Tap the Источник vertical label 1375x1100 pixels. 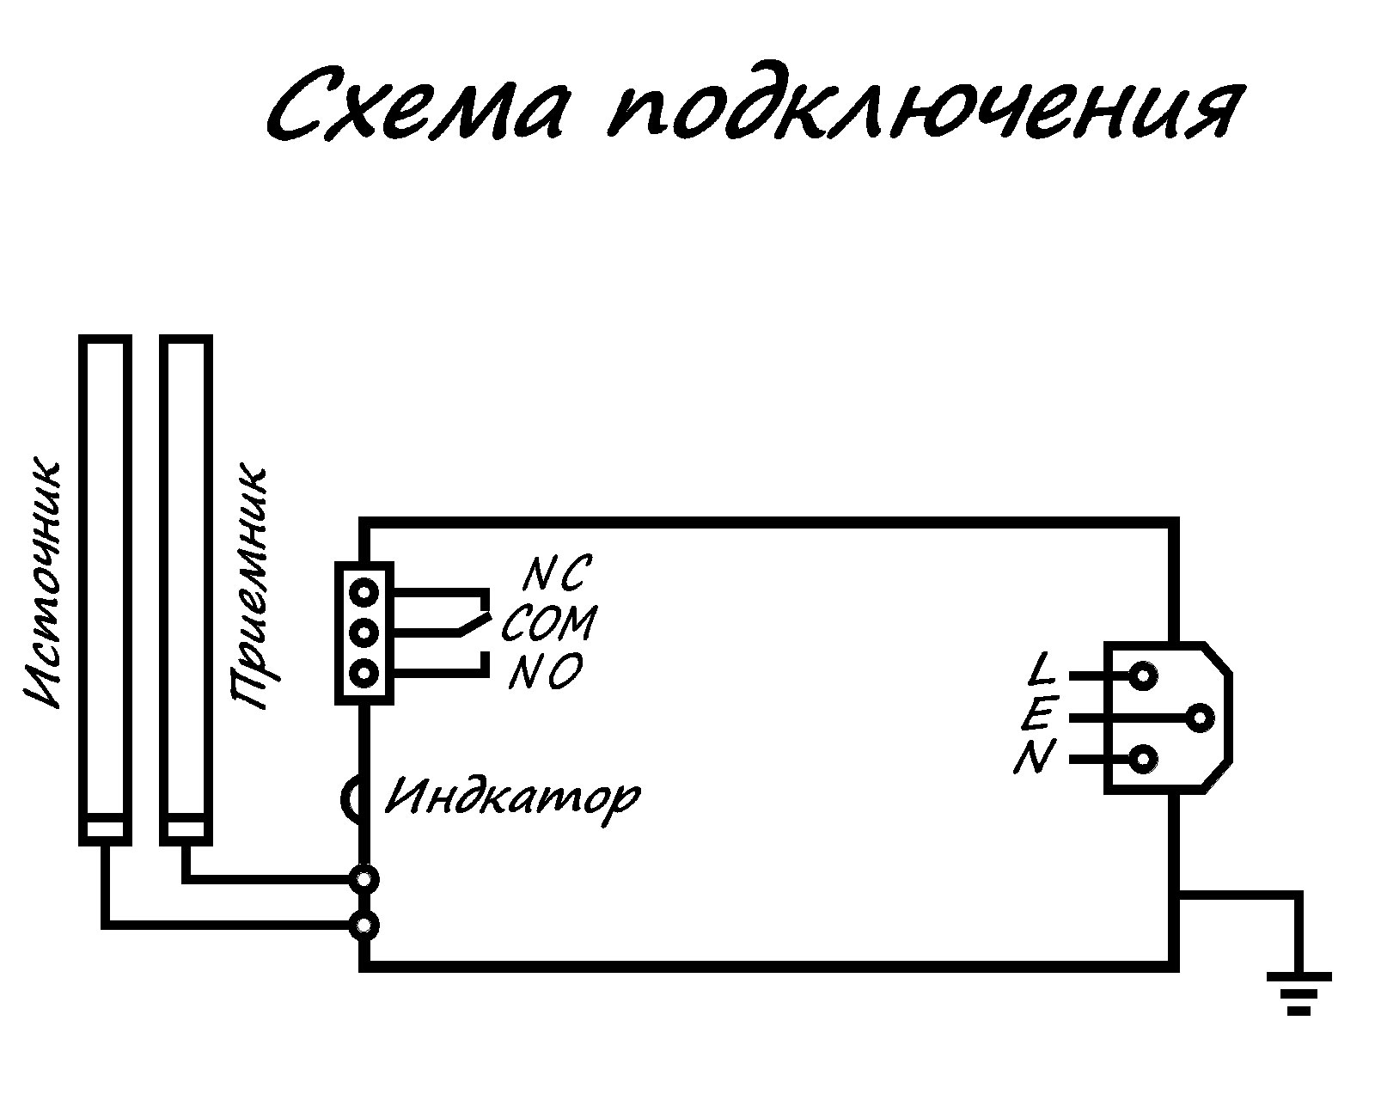(43, 584)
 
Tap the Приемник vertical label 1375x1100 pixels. (249, 589)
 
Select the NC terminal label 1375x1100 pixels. (556, 573)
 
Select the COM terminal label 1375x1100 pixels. (548, 623)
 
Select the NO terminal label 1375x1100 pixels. (546, 672)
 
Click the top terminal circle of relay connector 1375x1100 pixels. (365, 592)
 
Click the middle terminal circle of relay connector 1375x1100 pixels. (365, 633)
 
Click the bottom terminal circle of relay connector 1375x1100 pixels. (365, 673)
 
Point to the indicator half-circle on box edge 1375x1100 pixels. (351, 797)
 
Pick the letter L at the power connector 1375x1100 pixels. (1042, 669)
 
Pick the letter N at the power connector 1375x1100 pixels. (1034, 758)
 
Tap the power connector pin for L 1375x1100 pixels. (1142, 676)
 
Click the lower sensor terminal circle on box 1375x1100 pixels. (365, 925)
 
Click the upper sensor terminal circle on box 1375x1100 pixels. (365, 878)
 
